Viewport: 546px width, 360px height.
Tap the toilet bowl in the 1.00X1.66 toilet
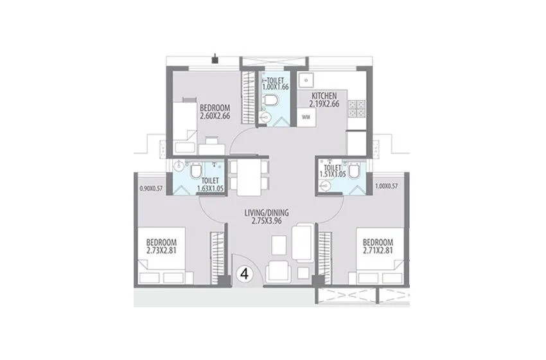click(x=273, y=100)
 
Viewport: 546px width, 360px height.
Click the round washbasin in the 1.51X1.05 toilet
click(x=327, y=186)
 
